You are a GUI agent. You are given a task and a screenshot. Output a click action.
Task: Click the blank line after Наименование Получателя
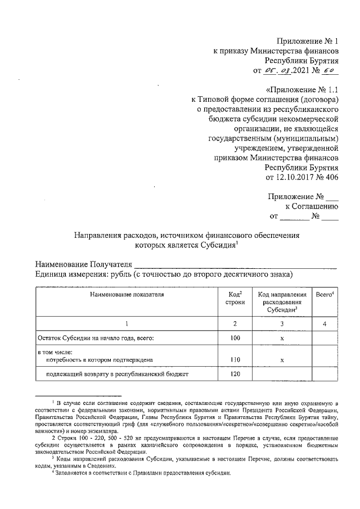pos(236,265)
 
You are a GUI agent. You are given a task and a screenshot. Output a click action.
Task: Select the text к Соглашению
pos(313,206)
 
